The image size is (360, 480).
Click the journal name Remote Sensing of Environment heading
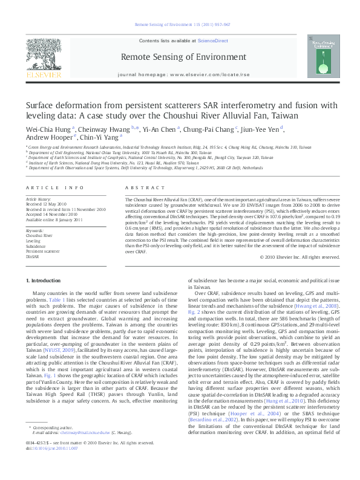pyautogui.click(x=180, y=56)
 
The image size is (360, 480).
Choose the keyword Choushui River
pyautogui.click(x=39, y=236)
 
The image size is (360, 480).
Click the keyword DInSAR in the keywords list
pyautogui.click(x=32, y=256)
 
